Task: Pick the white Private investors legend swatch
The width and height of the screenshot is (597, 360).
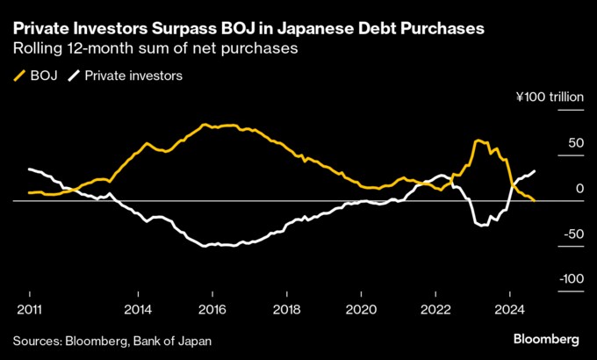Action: [x=76, y=76]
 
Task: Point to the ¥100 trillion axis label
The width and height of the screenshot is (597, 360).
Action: [x=549, y=98]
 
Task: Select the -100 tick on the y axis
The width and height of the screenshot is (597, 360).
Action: [x=572, y=278]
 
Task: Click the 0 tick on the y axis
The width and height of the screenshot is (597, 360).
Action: [x=579, y=188]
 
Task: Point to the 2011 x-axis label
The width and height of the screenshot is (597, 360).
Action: [x=29, y=309]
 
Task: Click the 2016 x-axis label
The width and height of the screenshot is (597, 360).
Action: [x=212, y=309]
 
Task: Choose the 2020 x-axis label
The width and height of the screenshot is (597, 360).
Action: [x=362, y=309]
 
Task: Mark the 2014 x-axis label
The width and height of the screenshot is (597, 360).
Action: [x=138, y=309]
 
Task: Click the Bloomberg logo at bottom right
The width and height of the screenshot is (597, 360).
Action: [x=545, y=339]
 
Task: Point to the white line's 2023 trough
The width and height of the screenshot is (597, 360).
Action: [x=482, y=226]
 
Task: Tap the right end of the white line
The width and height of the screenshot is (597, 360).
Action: [x=536, y=170]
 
